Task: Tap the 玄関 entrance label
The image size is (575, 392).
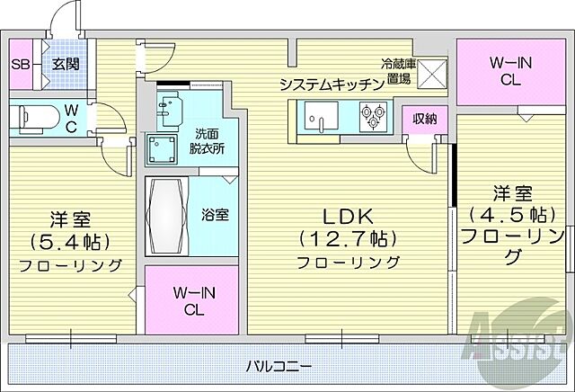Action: (x=63, y=64)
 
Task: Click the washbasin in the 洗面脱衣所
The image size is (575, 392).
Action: (x=169, y=111)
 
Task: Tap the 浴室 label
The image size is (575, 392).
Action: (x=214, y=215)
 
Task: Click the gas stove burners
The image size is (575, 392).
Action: (x=373, y=114)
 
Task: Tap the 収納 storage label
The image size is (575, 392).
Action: (x=424, y=118)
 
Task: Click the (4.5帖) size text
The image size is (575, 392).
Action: (x=509, y=216)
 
